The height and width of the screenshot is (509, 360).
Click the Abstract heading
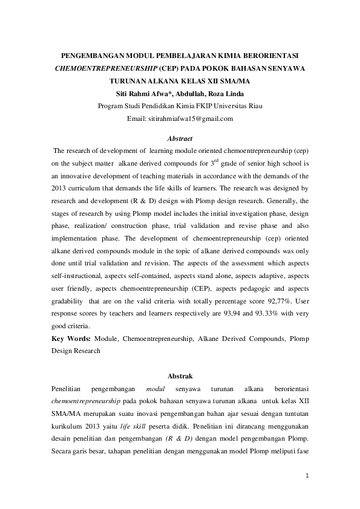tap(180, 138)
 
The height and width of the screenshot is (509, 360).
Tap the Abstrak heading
tap(180, 375)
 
